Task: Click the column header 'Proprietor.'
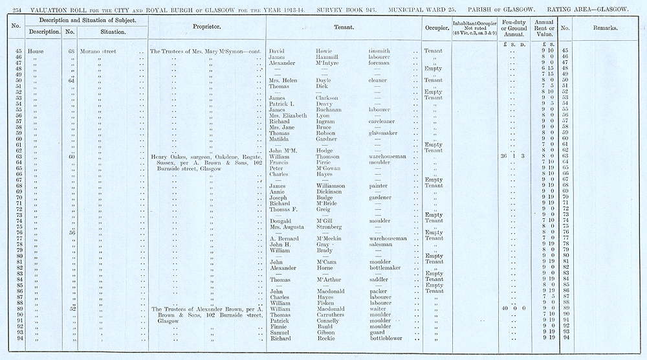pos(207,28)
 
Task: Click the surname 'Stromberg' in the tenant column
pos(329,227)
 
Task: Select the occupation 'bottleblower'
pos(386,339)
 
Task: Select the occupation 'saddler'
pos(380,279)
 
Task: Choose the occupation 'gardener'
pos(382,197)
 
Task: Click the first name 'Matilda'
pos(280,139)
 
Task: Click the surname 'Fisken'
pos(325,303)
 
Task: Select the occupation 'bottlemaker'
pos(386,267)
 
